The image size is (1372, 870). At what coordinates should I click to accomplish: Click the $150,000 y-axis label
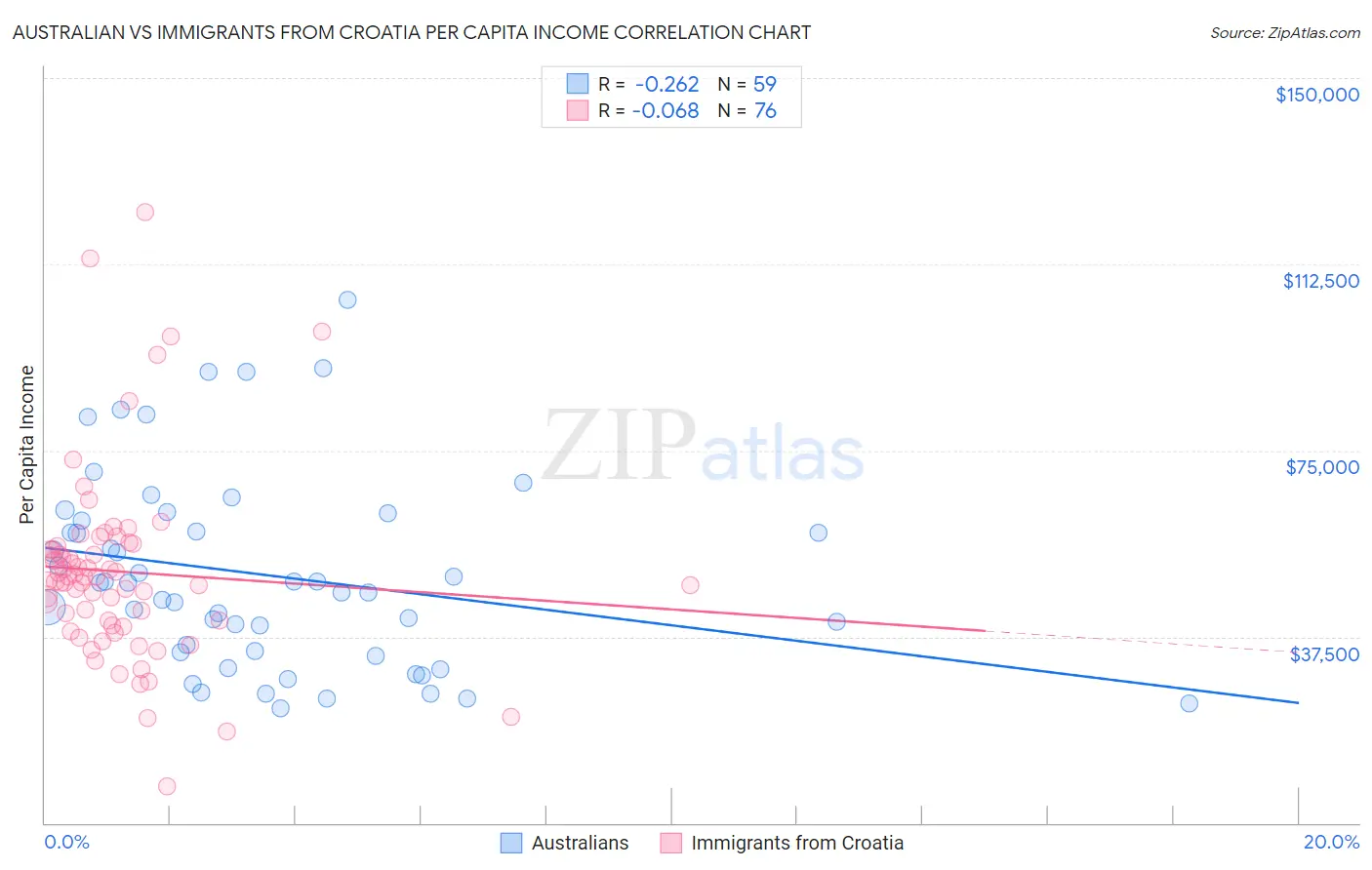(x=1316, y=95)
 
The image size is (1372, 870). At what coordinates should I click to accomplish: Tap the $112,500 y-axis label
(x=1320, y=281)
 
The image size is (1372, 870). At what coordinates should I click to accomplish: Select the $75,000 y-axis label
(x=1322, y=467)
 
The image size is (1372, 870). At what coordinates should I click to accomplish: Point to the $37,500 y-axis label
(x=1323, y=654)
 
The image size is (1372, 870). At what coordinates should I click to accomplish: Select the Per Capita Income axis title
(x=27, y=445)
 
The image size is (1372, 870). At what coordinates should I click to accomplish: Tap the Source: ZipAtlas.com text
(x=1284, y=33)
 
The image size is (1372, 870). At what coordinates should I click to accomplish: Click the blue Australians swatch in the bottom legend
(x=511, y=843)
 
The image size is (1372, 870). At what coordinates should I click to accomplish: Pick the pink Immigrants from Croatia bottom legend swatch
(x=670, y=843)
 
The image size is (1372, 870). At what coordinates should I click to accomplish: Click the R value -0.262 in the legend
(x=666, y=85)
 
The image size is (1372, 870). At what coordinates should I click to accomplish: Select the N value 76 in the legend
(x=765, y=111)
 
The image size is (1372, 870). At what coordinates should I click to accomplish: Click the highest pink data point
(x=145, y=212)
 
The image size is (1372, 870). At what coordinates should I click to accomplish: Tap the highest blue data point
(x=347, y=299)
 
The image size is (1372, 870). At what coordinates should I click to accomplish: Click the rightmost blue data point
(x=1189, y=703)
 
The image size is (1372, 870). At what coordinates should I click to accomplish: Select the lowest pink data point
(x=167, y=786)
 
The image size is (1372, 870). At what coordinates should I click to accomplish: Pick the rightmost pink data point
(x=690, y=585)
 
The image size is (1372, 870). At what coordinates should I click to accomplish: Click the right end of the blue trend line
(x=1298, y=702)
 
